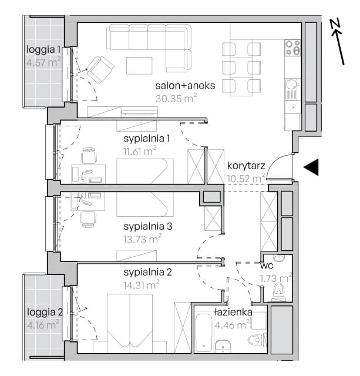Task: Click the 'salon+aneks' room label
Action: pos(185,86)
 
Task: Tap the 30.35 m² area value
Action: pos(176,98)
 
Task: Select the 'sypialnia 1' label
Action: pos(147,139)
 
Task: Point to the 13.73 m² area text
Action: pos(142,239)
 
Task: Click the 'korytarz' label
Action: pos(246,166)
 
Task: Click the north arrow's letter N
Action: pos(335,24)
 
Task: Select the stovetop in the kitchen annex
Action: pos(292,47)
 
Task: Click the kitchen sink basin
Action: pos(291,84)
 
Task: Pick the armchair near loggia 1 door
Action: pos(100,69)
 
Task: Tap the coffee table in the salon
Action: pos(139,66)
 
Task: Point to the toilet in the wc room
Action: pos(279,290)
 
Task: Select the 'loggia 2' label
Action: pos(45,312)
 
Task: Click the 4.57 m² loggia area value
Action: pos(43,62)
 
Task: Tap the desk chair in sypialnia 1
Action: pos(89,156)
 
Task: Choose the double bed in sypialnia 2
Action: pos(130,320)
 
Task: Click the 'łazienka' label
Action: pos(233,312)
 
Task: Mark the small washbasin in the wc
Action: pos(279,258)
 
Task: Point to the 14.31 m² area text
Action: pos(142,284)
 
